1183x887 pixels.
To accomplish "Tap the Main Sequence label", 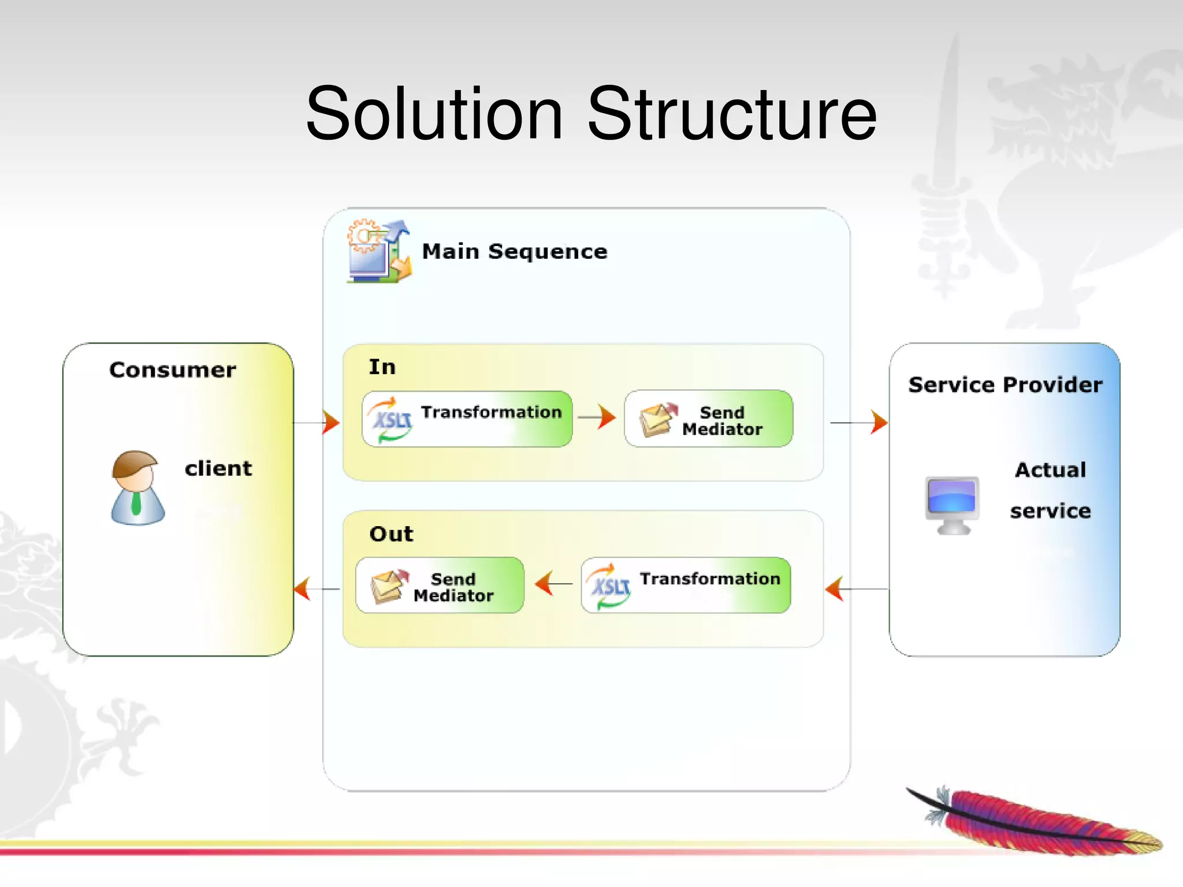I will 514,252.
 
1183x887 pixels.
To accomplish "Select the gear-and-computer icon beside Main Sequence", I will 379,252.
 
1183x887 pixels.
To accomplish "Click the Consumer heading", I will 172,370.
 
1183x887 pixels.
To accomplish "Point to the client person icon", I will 137,488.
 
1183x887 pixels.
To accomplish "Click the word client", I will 218,468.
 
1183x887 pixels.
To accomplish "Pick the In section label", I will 382,367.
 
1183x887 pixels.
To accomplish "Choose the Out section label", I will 391,534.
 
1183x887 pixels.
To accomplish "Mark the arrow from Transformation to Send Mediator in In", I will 598,417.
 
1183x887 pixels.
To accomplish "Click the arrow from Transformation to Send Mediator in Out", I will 553,583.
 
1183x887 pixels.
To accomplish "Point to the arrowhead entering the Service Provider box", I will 879,422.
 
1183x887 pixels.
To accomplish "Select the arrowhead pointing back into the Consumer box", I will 302,588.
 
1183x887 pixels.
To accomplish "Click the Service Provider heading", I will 1005,385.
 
